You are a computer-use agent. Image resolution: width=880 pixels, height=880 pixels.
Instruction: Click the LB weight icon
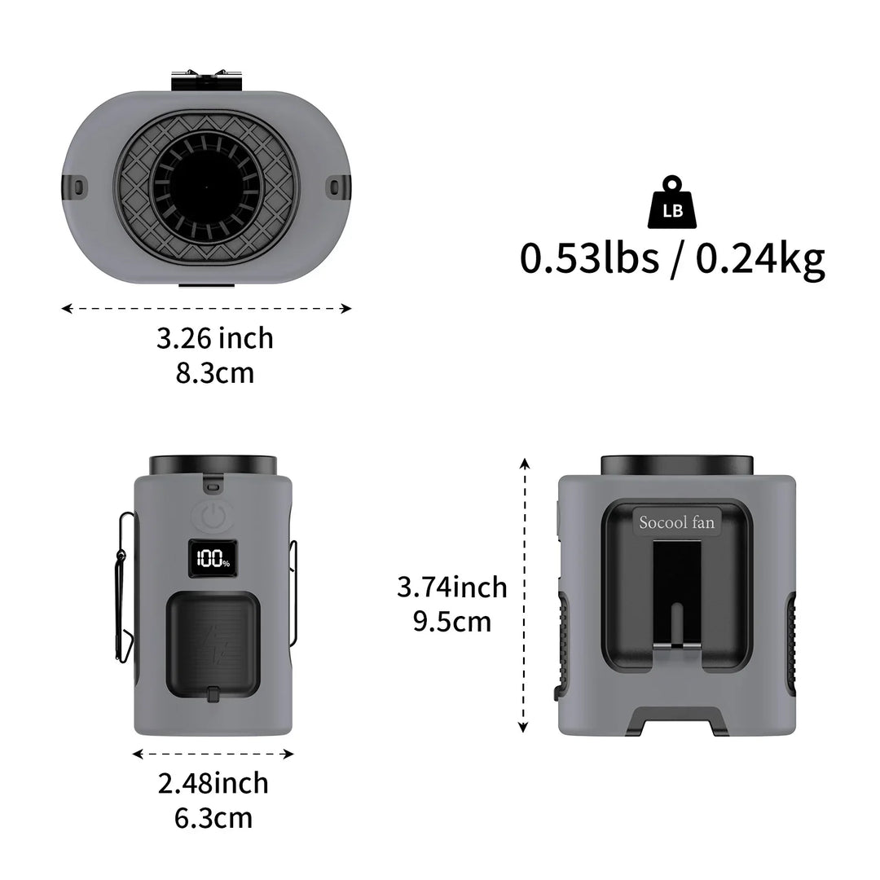(x=671, y=202)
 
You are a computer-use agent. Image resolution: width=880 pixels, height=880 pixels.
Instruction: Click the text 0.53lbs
(x=589, y=258)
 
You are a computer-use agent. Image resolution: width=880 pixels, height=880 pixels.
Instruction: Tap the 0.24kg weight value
(x=760, y=260)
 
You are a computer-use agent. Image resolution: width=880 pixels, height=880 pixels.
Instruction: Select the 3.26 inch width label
(x=215, y=338)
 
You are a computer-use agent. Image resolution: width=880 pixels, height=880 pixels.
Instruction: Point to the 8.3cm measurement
(x=215, y=372)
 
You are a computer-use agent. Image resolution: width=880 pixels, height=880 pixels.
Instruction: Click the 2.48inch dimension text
(x=213, y=783)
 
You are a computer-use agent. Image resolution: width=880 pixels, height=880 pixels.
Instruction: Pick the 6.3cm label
(x=213, y=818)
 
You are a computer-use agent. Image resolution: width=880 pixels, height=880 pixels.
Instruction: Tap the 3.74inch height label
(x=451, y=587)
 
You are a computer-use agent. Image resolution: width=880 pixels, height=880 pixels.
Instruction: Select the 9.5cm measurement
(x=451, y=622)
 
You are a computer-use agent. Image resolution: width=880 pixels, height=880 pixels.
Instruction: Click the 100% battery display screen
(x=213, y=559)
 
